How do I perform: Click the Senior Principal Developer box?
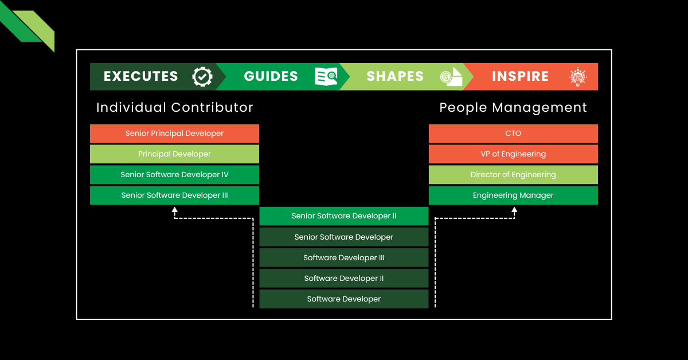[x=174, y=134]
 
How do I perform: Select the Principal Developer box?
[x=174, y=154]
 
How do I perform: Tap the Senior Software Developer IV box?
[x=174, y=175]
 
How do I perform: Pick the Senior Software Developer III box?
[x=174, y=195]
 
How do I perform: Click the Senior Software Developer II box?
[x=344, y=216]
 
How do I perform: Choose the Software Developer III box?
[x=344, y=258]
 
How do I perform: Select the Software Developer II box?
[x=344, y=279]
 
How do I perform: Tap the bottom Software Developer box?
[x=344, y=299]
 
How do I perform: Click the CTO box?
[x=513, y=134]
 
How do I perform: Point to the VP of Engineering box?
[x=513, y=154]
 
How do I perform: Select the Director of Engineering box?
[x=513, y=175]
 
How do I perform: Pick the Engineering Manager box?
[x=513, y=195]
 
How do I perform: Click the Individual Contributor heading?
[x=174, y=108]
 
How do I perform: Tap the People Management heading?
[x=513, y=108]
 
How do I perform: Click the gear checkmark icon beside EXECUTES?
[x=202, y=77]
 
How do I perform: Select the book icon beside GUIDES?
[x=326, y=77]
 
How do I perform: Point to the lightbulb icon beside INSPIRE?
[x=577, y=77]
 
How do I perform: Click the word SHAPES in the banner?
[x=395, y=77]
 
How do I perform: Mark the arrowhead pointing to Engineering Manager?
[x=514, y=210]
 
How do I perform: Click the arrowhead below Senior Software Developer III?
[x=175, y=210]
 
